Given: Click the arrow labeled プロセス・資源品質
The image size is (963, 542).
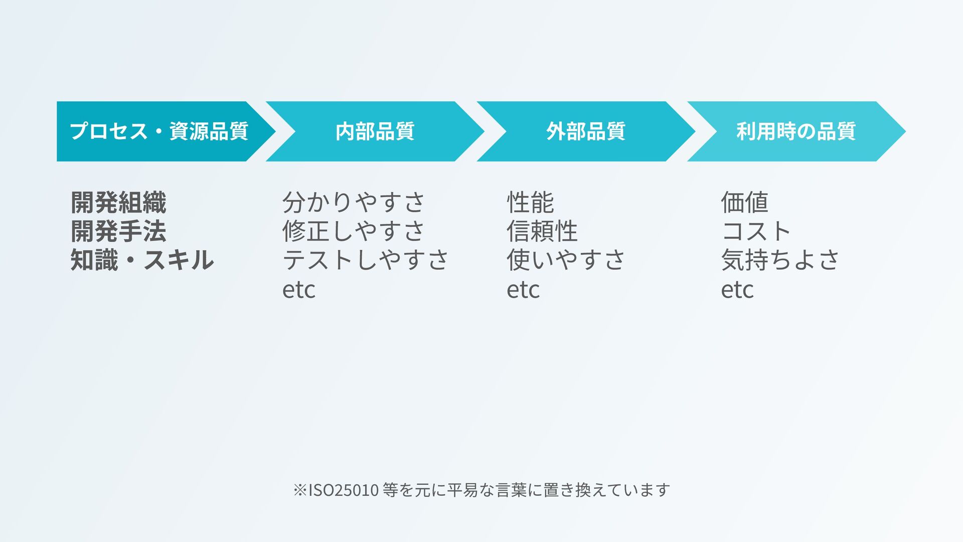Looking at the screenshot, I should (159, 131).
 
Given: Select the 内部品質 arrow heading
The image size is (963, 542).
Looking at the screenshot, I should (375, 131).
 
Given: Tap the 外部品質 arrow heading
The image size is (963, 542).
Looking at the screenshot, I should (585, 131).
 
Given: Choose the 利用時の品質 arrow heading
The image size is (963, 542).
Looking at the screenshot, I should (795, 131).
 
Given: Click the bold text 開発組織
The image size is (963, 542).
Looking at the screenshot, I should (118, 202).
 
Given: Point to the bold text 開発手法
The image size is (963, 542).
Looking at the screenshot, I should (118, 231).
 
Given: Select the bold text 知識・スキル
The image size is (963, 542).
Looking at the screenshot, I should (142, 260).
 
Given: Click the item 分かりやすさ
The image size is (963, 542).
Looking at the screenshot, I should (354, 202).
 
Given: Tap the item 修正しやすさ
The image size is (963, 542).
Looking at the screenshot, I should (354, 231).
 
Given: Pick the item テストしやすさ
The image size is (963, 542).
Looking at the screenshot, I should (366, 260).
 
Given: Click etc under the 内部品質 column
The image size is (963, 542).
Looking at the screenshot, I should (299, 290).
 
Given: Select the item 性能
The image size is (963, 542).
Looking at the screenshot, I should (530, 202).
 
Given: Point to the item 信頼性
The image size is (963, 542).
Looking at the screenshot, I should (542, 231).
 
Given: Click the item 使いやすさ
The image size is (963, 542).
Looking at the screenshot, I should (566, 260).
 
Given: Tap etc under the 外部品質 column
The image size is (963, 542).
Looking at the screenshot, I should (523, 290).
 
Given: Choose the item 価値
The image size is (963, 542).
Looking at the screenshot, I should (744, 202).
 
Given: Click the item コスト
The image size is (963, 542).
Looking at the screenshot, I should (756, 231).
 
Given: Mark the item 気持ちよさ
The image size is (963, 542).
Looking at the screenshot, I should (780, 260).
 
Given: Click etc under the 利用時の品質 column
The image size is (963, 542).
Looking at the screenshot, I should (737, 290).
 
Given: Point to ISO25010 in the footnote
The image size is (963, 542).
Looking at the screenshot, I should (343, 490).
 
